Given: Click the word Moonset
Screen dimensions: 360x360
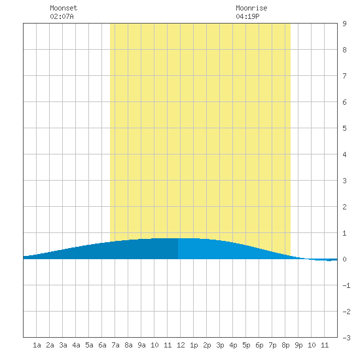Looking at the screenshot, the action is tap(63, 8).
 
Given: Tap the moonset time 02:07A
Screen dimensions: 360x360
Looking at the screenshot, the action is tap(62, 16).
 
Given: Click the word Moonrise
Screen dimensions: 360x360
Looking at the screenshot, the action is tap(251, 8).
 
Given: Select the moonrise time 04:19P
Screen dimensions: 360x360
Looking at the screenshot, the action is tap(247, 16).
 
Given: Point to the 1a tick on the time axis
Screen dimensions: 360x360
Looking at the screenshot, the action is tap(37, 345).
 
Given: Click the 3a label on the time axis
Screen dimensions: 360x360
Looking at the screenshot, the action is tap(63, 345).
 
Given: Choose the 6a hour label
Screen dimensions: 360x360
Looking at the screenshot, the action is tap(102, 345).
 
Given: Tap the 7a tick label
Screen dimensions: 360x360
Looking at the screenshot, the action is tap(115, 345).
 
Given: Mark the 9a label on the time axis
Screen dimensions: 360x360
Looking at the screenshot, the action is tap(141, 345).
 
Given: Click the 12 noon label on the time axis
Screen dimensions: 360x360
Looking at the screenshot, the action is tap(181, 345).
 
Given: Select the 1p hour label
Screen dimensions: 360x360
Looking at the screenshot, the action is tap(194, 345).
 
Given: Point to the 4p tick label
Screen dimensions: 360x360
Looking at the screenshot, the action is tap(233, 345).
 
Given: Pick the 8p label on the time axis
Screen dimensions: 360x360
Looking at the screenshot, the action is tap(285, 345).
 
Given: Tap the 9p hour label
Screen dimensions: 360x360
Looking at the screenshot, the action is tap(298, 345).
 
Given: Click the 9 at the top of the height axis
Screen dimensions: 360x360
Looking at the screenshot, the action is tap(344, 24).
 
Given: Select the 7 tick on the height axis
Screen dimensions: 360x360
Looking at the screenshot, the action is tap(344, 76).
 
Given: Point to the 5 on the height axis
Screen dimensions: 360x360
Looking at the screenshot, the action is tap(344, 128).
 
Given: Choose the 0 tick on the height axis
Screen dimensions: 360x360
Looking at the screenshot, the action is tap(344, 259).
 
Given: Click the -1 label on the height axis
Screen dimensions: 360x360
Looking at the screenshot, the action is tap(346, 285).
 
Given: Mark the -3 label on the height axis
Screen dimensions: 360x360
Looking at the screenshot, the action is tap(346, 338).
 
